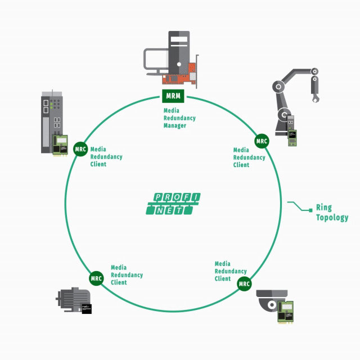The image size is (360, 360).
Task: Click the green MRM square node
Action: pyautogui.click(x=173, y=96)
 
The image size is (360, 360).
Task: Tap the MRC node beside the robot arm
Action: pyautogui.click(x=262, y=141)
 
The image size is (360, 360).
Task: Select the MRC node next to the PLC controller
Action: pyautogui.click(x=80, y=149)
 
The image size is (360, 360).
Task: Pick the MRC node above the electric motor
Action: pyautogui.click(x=96, y=278)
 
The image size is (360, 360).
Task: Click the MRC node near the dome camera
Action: pyautogui.click(x=244, y=283)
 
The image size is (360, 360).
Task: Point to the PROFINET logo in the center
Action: pyautogui.click(x=173, y=204)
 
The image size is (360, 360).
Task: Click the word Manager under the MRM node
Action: pyautogui.click(x=175, y=126)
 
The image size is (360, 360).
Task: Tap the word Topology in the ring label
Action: pyautogui.click(x=332, y=218)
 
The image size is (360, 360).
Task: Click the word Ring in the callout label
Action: pyautogui.click(x=324, y=208)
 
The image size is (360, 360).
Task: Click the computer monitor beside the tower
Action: pyautogui.click(x=156, y=61)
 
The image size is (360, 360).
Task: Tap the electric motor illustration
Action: pyautogui.click(x=73, y=299)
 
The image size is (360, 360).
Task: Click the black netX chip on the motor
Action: pyautogui.click(x=87, y=309)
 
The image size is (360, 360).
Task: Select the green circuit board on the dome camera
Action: pyautogui.click(x=286, y=312)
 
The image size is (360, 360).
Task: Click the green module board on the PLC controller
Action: pyautogui.click(x=60, y=145)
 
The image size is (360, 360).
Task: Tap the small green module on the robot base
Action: pyautogui.click(x=292, y=138)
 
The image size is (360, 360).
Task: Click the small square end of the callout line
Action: pyautogui.click(x=310, y=210)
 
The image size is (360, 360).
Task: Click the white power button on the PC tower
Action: pyautogui.click(x=179, y=64)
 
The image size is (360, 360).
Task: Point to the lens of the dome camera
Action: pyautogui.click(x=272, y=305)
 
